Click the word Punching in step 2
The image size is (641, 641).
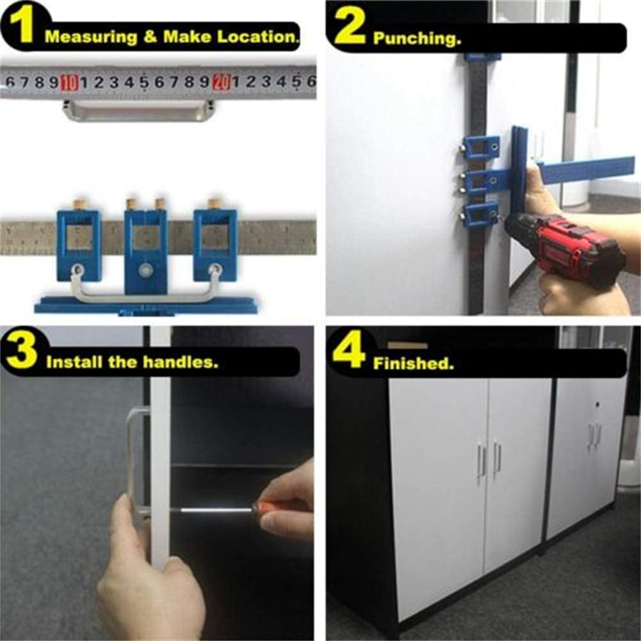click(416, 39)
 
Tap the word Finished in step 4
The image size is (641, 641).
click(413, 364)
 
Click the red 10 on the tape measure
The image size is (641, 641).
click(69, 82)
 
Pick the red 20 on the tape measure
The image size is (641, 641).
click(221, 82)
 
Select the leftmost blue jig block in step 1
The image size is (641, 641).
click(78, 243)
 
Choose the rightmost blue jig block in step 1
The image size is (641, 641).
click(215, 243)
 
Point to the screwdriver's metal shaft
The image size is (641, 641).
click(211, 510)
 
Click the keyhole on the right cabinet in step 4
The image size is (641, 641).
click(597, 405)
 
